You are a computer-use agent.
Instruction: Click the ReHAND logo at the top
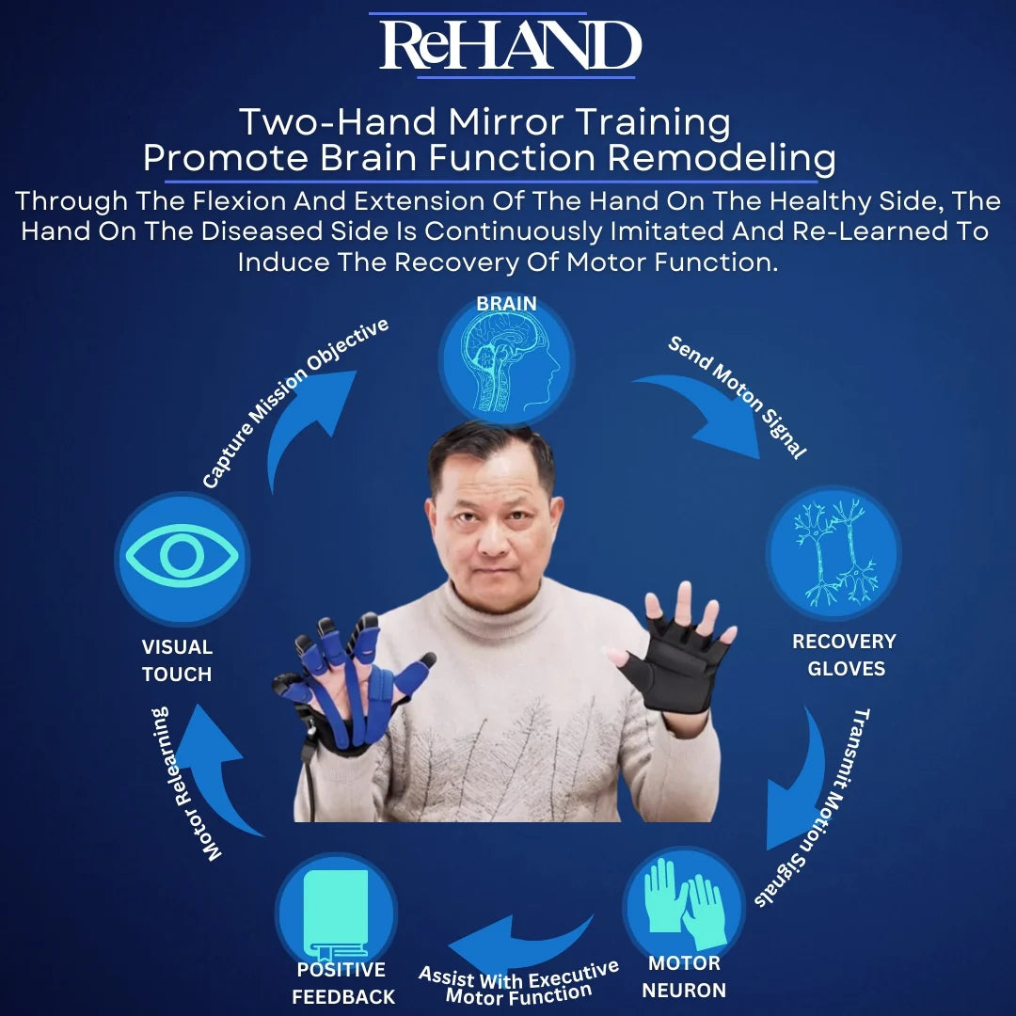[x=508, y=45]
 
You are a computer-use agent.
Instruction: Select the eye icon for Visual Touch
[x=182, y=558]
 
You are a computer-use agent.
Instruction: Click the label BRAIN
[x=506, y=304]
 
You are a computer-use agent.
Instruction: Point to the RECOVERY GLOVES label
[x=844, y=655]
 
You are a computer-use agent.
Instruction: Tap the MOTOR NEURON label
[x=685, y=976]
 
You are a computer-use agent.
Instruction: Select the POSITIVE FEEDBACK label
[x=342, y=983]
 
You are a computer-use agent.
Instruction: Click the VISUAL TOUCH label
[x=177, y=660]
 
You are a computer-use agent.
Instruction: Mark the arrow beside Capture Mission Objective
[x=306, y=423]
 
